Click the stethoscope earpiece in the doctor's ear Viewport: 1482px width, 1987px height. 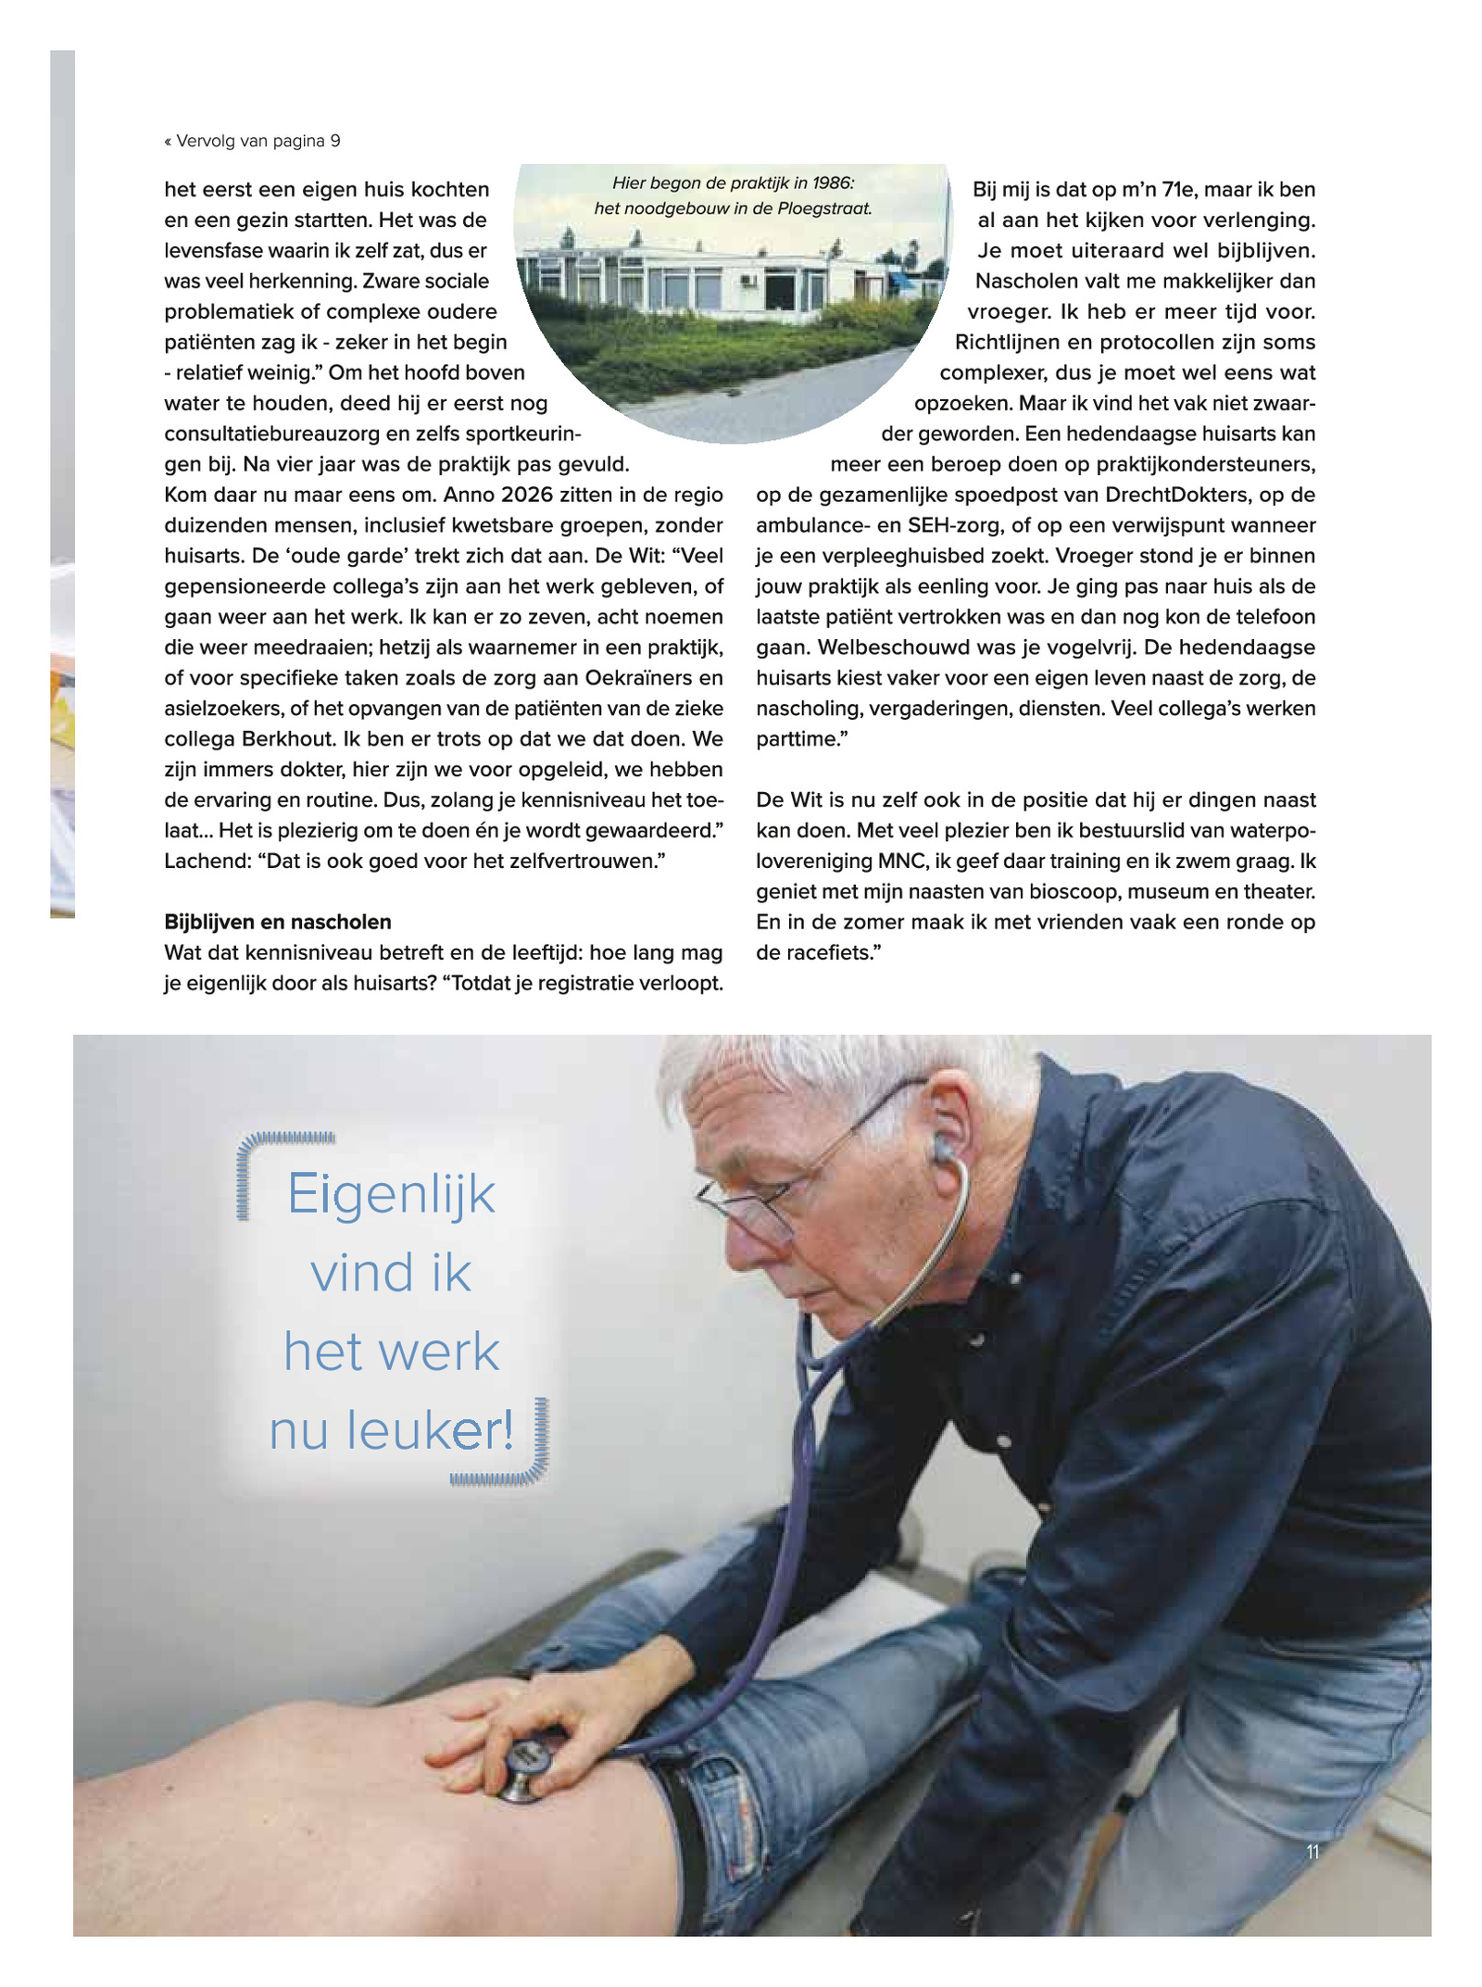(943, 1150)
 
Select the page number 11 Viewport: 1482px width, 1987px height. (1312, 1852)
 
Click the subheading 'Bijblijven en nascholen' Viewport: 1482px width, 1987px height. (278, 922)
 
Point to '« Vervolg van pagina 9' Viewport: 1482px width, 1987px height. (253, 141)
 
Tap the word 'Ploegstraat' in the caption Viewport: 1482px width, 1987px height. (824, 208)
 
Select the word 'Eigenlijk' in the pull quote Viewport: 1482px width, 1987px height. (391, 1194)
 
